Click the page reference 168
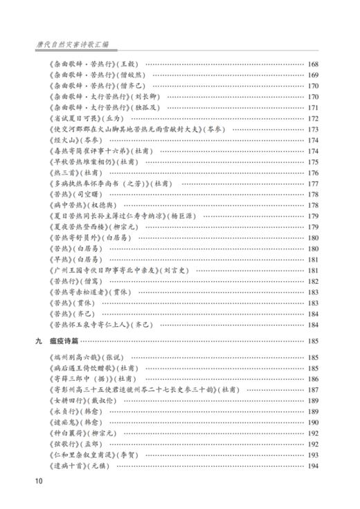312,64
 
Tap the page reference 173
312,130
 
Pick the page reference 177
312,184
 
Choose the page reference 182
312,281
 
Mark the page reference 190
312,422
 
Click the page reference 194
312,466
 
